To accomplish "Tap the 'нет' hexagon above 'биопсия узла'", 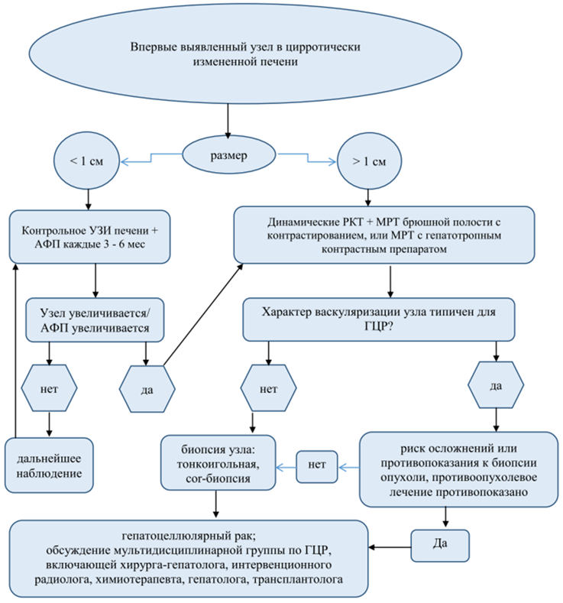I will coord(268,388).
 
